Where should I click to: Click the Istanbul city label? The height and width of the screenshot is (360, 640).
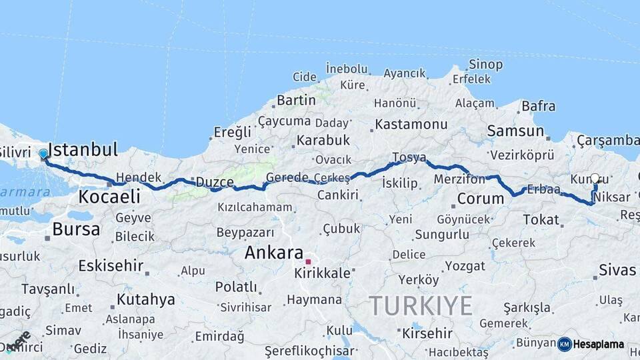click(x=83, y=149)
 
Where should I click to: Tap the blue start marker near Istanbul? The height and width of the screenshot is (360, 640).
click(x=44, y=154)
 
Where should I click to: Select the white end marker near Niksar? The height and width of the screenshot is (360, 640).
click(x=595, y=179)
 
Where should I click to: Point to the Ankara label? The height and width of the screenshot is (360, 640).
click(x=274, y=253)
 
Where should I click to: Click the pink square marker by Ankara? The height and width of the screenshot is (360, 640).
click(x=308, y=261)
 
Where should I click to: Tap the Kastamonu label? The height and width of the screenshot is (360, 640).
click(x=411, y=125)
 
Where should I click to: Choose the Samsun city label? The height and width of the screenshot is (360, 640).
click(x=515, y=131)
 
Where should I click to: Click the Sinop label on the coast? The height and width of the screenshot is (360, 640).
click(x=485, y=65)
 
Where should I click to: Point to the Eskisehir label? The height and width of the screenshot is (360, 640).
click(x=111, y=266)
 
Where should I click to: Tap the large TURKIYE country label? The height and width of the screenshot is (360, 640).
click(x=421, y=306)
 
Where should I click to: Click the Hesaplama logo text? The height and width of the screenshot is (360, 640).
click(x=599, y=345)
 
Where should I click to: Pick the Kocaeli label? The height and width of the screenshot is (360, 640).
click(x=109, y=197)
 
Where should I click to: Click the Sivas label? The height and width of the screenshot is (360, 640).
click(x=617, y=270)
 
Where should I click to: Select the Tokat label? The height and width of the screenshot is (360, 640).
click(x=541, y=219)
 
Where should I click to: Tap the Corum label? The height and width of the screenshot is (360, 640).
click(x=480, y=199)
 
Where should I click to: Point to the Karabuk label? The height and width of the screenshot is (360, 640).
click(x=323, y=141)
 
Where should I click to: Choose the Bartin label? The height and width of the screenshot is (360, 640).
click(x=296, y=100)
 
